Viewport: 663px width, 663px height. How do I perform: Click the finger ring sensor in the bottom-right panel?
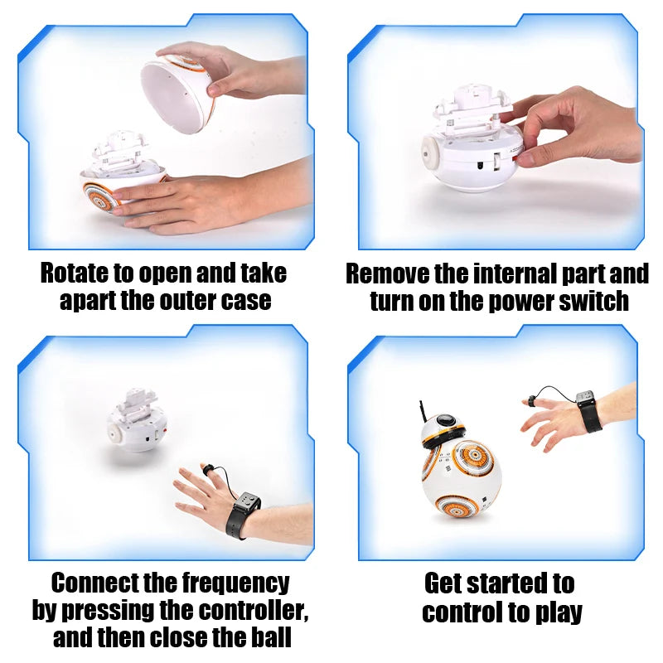(530, 402)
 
